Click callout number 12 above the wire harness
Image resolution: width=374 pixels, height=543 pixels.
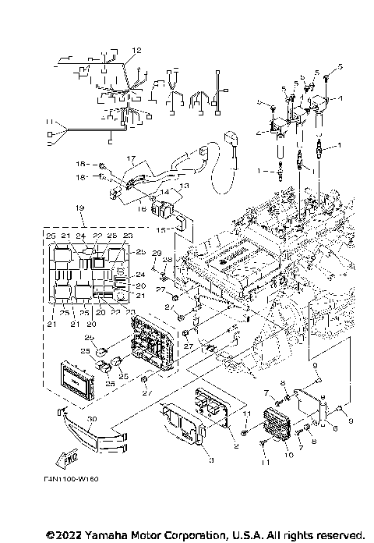pyautogui.click(x=136, y=50)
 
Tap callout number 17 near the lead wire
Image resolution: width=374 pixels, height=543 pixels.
pyautogui.click(x=132, y=158)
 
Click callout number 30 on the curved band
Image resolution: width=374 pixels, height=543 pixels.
pyautogui.click(x=93, y=419)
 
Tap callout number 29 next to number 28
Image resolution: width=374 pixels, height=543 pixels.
pyautogui.click(x=155, y=254)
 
